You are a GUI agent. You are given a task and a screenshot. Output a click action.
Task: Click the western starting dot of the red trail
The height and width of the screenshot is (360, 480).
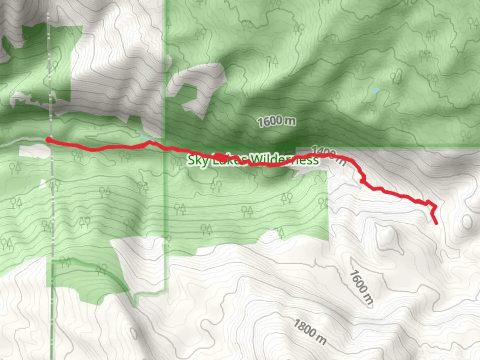click(x=49, y=140)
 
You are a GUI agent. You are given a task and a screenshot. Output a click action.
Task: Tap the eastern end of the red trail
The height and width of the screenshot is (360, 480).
click(x=437, y=223)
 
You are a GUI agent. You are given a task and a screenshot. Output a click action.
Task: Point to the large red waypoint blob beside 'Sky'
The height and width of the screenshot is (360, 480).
click(x=218, y=157)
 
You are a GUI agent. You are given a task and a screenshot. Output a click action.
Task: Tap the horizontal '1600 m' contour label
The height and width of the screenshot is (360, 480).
click(x=277, y=121)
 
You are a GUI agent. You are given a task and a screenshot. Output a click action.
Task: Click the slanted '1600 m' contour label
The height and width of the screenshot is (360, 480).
click(x=361, y=287)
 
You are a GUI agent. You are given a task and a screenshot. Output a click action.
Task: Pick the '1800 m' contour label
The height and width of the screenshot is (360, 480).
click(x=310, y=331)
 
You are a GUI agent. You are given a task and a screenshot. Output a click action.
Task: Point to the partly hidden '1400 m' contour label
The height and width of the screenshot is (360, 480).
click(x=328, y=155)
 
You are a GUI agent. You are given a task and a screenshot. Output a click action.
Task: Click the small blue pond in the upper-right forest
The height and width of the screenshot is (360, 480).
click(x=376, y=90)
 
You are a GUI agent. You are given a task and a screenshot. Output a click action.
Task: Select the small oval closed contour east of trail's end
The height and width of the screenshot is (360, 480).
click(x=466, y=222)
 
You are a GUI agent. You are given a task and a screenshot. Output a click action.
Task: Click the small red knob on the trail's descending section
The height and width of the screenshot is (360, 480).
click(x=362, y=181)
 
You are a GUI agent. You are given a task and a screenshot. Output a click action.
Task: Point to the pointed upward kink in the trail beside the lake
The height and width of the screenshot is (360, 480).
click(x=150, y=142)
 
